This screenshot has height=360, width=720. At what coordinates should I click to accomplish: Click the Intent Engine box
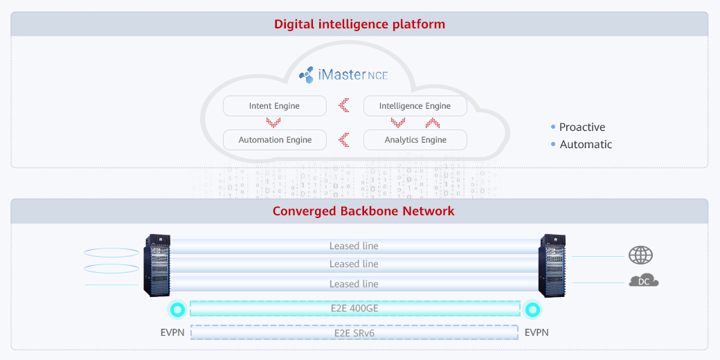pyautogui.click(x=274, y=106)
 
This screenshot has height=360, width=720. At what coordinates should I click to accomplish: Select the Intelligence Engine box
pyautogui.click(x=415, y=106)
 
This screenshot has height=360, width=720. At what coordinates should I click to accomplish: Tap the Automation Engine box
pyautogui.click(x=274, y=140)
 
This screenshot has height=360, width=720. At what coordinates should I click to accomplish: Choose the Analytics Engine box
pyautogui.click(x=415, y=140)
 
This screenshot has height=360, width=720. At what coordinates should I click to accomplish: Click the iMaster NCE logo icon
pyautogui.click(x=306, y=75)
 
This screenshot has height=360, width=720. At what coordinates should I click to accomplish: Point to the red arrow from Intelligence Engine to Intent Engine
pyautogui.click(x=344, y=106)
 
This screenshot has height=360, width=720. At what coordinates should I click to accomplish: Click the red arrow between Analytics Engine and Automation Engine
pyautogui.click(x=344, y=140)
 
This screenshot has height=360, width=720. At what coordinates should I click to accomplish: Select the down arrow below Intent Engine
pyautogui.click(x=273, y=123)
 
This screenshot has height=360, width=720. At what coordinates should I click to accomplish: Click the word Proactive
pyautogui.click(x=582, y=127)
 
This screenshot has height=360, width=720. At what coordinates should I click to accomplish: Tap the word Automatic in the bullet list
pyautogui.click(x=585, y=145)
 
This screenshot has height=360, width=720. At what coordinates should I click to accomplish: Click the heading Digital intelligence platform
pyautogui.click(x=359, y=24)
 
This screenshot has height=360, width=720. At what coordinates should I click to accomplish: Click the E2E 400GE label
pyautogui.click(x=354, y=309)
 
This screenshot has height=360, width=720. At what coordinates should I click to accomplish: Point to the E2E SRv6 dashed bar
pyautogui.click(x=354, y=332)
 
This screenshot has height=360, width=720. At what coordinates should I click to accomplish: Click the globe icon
pyautogui.click(x=640, y=255)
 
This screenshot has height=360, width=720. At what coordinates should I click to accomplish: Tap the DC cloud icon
pyautogui.click(x=643, y=280)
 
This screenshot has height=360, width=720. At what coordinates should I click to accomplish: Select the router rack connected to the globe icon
pyautogui.click(x=552, y=265)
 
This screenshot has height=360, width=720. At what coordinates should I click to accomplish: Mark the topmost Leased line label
pyautogui.click(x=354, y=246)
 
